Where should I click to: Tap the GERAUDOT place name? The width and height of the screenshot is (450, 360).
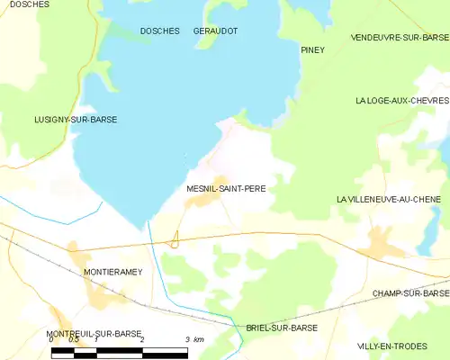215,31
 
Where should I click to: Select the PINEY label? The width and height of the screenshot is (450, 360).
312,49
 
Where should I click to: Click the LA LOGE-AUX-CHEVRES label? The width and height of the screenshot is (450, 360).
401,101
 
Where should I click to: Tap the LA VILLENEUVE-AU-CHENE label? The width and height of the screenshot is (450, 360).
392,199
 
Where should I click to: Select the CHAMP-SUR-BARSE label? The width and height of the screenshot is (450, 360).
410,293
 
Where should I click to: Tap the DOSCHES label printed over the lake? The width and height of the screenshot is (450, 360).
158,31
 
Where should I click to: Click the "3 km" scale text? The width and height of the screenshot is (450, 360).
193,339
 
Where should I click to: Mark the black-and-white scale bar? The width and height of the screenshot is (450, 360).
119,352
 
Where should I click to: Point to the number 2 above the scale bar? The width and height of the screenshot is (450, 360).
142,339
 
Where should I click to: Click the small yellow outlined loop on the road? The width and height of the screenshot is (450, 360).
175,238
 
